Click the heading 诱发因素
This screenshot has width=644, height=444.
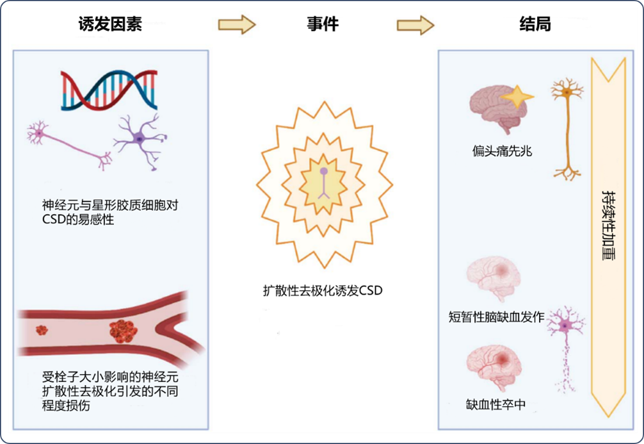pyautogui.click(x=110, y=24)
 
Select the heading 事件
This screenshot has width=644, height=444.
pyautogui.click(x=323, y=24)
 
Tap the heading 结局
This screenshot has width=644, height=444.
pyautogui.click(x=535, y=24)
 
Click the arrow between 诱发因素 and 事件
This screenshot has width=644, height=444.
pyautogui.click(x=237, y=24)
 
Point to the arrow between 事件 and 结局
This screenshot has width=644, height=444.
pyautogui.click(x=415, y=25)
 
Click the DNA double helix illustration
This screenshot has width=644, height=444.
pyautogui.click(x=109, y=90)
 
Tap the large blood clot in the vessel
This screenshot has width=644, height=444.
pyautogui.click(x=123, y=331)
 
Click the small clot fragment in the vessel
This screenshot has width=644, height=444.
pyautogui.click(x=42, y=330)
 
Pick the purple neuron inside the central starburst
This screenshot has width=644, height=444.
pyautogui.click(x=324, y=183)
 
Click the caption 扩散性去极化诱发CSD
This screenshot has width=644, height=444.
pyautogui.click(x=323, y=291)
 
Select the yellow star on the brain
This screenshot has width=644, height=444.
pyautogui.click(x=517, y=97)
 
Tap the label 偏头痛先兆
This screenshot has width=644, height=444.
pyautogui.click(x=502, y=151)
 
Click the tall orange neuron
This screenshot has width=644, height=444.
pyautogui.click(x=567, y=129)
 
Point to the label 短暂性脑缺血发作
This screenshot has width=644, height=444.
pyautogui.click(x=496, y=317)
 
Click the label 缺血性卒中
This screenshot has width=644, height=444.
pyautogui.click(x=495, y=404)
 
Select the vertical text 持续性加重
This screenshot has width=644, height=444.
pyautogui.click(x=608, y=225)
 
